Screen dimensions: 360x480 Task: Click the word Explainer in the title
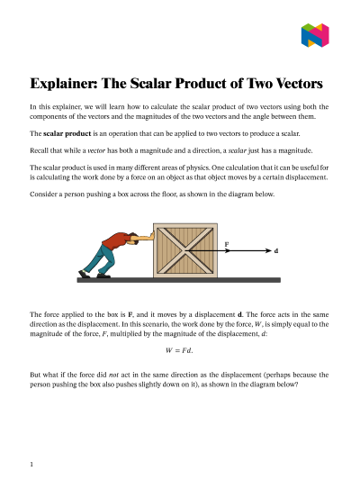66,85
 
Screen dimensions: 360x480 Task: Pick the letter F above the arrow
226,242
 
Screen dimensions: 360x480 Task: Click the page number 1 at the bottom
31,464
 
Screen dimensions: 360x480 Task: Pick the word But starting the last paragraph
36,371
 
